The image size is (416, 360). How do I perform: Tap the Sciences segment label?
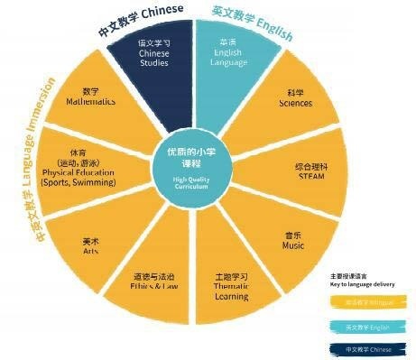point(295,98)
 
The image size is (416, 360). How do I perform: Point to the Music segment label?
point(294,241)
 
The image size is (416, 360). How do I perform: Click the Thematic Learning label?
point(231,285)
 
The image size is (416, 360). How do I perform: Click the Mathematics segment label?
point(90,97)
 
